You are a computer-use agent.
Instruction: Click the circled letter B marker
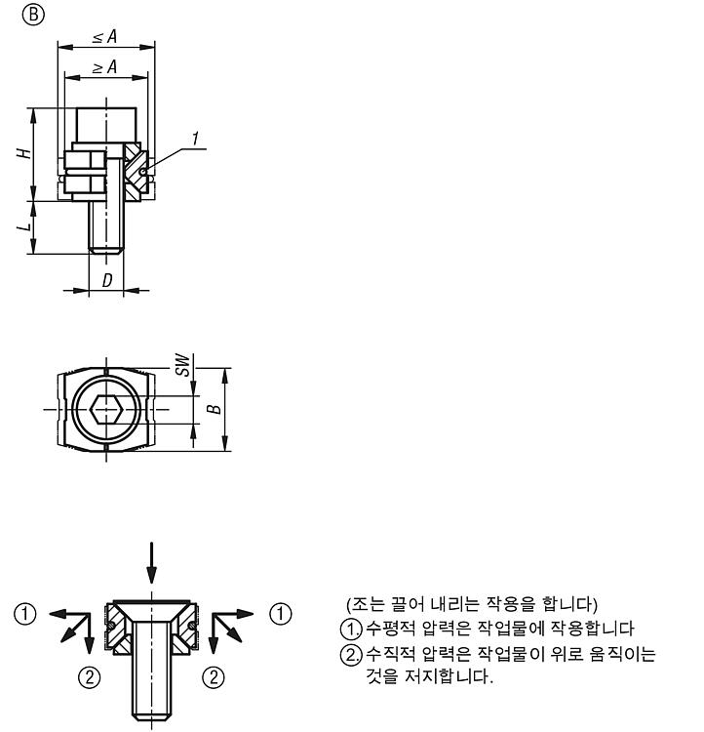pyautogui.click(x=33, y=15)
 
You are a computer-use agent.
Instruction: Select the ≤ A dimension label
pyautogui.click(x=104, y=36)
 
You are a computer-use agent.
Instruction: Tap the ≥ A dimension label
pyautogui.click(x=104, y=66)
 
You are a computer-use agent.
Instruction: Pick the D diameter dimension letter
pyautogui.click(x=107, y=280)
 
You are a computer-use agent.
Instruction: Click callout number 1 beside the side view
pyautogui.click(x=195, y=139)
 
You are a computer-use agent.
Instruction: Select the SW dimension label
pyautogui.click(x=183, y=365)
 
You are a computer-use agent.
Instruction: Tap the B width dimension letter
pyautogui.click(x=215, y=409)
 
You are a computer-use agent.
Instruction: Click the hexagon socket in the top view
pyautogui.click(x=107, y=409)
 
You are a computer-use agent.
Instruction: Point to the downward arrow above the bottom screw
pyautogui.click(x=151, y=562)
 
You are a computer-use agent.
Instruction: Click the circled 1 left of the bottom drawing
pyautogui.click(x=25, y=613)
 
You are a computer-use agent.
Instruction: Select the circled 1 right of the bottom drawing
pyautogui.click(x=281, y=613)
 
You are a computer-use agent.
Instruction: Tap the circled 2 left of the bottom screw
pyautogui.click(x=89, y=677)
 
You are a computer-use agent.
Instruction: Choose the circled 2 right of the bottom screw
pyautogui.click(x=214, y=677)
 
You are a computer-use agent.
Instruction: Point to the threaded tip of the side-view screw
pyautogui.click(x=106, y=250)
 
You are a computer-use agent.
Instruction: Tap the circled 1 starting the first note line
pyautogui.click(x=351, y=629)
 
